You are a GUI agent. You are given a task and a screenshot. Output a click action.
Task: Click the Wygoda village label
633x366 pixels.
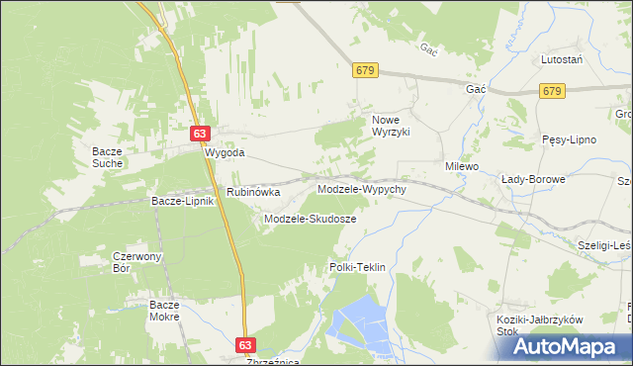click(224, 154)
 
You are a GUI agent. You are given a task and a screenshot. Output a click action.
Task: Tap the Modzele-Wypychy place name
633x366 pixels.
click(361, 188)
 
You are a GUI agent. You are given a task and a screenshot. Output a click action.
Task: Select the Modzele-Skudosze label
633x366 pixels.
click(310, 218)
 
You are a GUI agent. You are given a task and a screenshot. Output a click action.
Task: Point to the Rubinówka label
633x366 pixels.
click(253, 192)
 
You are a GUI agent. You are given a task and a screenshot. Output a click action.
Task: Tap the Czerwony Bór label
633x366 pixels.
click(136, 262)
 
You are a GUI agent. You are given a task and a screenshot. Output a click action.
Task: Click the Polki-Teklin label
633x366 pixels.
click(356, 268)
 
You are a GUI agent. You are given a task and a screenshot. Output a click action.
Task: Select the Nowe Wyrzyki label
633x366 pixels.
click(390, 126)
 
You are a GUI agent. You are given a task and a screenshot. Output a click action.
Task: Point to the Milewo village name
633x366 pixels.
click(461, 167)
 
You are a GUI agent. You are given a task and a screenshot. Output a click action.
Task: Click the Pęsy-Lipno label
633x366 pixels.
click(569, 139)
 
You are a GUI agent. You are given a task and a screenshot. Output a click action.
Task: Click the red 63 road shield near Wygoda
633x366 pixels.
click(201, 133)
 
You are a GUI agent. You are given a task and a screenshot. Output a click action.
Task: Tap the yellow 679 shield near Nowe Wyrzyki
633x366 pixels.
click(365, 70)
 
